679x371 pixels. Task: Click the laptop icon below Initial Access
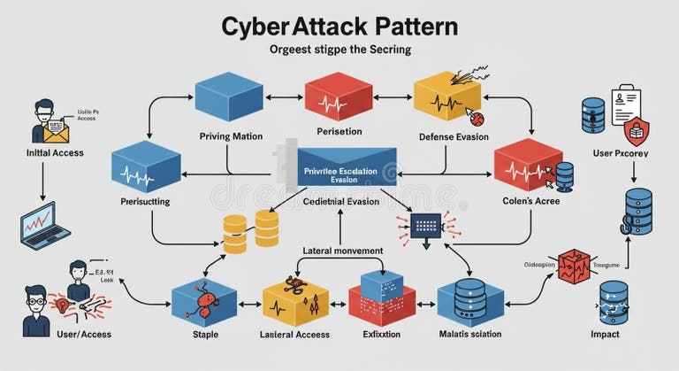[x=44, y=225]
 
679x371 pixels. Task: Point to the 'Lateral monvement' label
[x=343, y=251]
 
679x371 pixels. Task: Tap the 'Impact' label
[x=605, y=334]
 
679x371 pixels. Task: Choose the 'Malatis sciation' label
[x=470, y=334]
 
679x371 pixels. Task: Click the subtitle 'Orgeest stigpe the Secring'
[x=339, y=50]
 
